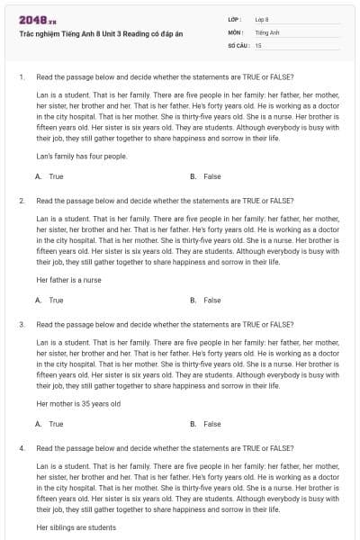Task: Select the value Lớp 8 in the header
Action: point(262,19)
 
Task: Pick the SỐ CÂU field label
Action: point(238,44)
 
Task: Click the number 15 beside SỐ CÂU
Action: point(258,44)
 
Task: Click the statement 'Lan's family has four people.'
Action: point(82,156)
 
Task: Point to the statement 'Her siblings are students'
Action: point(76,526)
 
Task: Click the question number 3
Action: point(21,323)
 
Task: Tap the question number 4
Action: point(21,446)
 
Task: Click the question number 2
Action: point(21,200)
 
